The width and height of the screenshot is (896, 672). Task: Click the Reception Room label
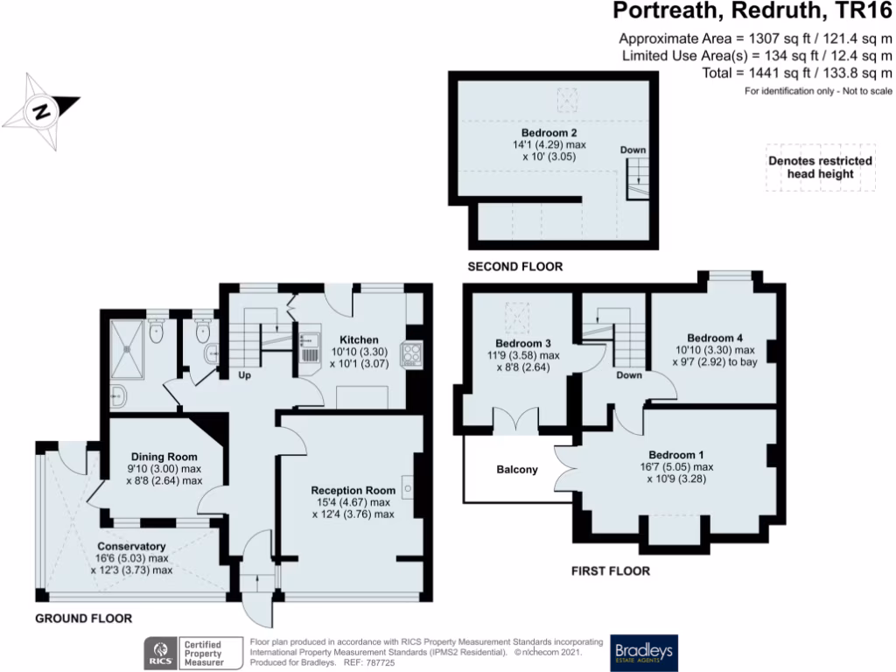tap(353, 490)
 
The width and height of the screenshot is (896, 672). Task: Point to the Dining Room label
tap(164, 457)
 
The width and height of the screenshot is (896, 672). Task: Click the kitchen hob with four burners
tap(410, 354)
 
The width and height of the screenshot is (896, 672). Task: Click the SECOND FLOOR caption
tap(514, 267)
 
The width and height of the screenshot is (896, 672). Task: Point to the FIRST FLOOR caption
tap(610, 571)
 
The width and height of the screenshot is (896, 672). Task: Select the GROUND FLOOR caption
tap(83, 619)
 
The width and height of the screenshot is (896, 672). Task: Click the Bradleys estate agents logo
tap(644, 652)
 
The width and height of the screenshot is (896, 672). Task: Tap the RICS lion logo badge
tap(160, 652)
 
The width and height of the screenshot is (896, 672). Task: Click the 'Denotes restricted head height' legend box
tap(820, 167)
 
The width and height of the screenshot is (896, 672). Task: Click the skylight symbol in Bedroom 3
tap(520, 310)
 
